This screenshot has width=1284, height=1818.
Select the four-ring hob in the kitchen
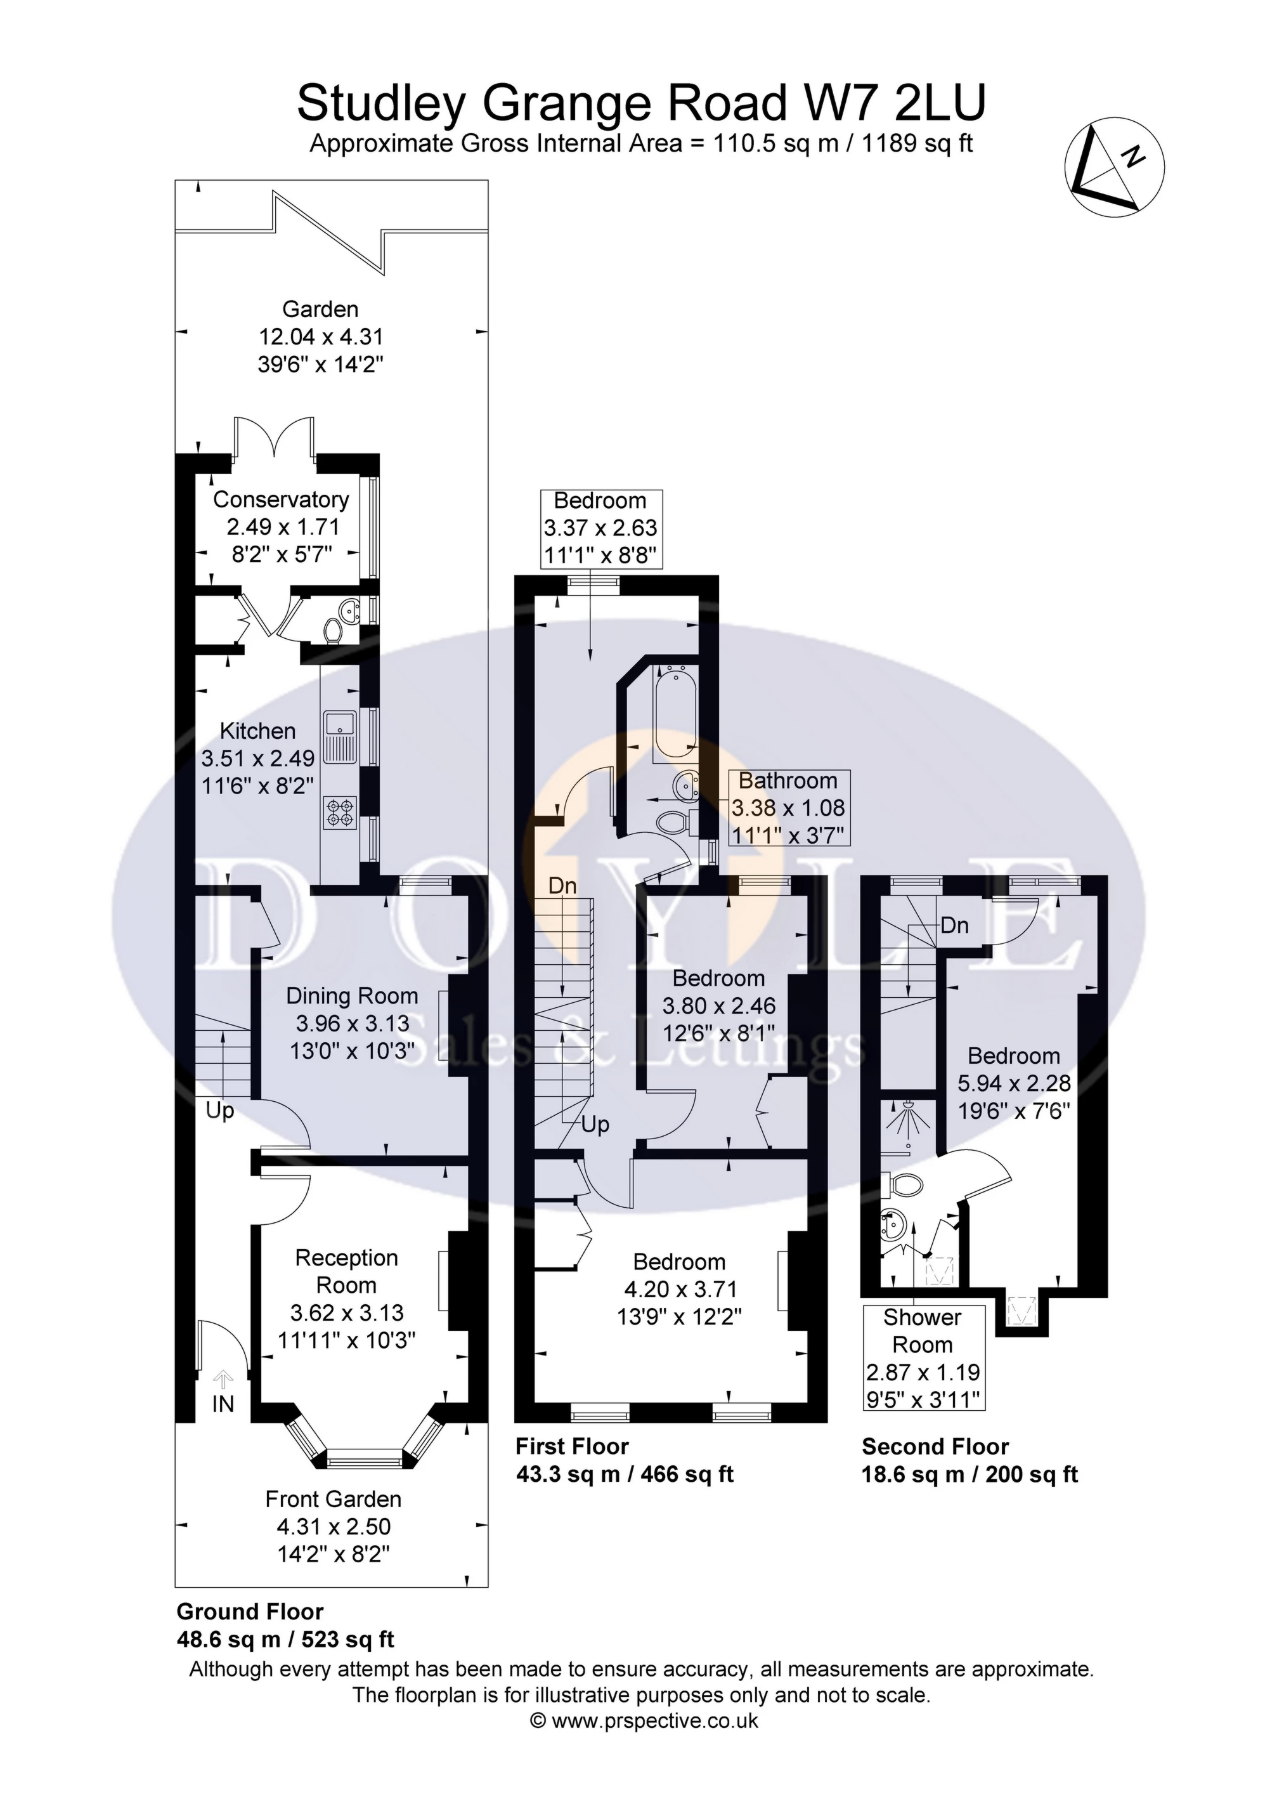[340, 813]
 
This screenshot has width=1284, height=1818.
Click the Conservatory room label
[281, 500]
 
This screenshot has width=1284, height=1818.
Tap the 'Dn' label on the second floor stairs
[955, 925]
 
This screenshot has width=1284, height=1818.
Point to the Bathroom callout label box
[788, 808]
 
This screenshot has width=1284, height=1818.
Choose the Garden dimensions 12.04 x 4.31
[321, 337]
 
